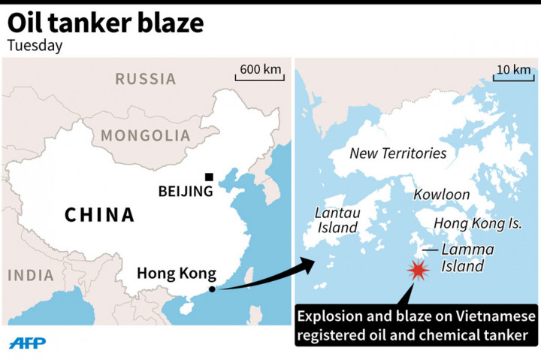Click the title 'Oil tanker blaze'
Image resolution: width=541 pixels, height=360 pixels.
(x=106, y=23)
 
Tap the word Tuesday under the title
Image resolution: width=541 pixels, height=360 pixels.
(x=35, y=45)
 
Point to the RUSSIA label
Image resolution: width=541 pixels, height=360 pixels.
(x=146, y=78)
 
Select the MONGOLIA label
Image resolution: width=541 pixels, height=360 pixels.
(x=146, y=136)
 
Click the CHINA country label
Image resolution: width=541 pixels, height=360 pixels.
(x=99, y=215)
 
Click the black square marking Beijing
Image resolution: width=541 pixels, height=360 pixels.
(x=209, y=177)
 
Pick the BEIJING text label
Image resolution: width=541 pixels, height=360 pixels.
(x=186, y=192)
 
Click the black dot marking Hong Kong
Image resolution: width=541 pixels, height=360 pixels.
(x=213, y=289)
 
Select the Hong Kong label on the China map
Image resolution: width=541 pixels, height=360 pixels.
(x=177, y=273)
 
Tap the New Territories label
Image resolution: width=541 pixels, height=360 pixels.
(x=398, y=154)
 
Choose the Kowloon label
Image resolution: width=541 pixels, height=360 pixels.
(x=442, y=195)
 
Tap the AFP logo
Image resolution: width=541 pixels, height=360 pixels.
(x=27, y=342)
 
